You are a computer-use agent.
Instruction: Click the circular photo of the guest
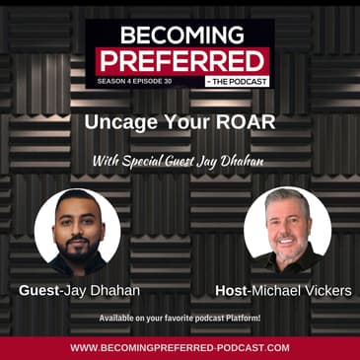(78, 231)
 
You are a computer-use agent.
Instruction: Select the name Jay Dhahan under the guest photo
(104, 291)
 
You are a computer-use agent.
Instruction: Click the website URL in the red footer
(180, 347)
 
